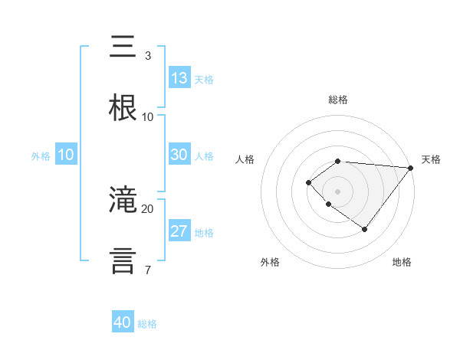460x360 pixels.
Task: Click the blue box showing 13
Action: click(179, 77)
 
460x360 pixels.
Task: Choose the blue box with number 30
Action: click(179, 155)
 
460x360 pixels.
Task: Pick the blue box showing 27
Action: click(179, 232)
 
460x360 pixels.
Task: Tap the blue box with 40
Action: click(123, 322)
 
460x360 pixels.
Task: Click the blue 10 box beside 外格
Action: click(66, 155)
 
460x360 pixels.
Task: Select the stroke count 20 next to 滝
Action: click(147, 208)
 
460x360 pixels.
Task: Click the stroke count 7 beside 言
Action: click(147, 270)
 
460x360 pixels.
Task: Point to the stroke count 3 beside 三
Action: click(147, 55)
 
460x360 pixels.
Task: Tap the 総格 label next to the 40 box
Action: click(147, 324)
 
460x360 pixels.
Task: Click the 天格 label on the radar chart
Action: click(431, 159)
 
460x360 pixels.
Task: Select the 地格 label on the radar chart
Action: click(402, 262)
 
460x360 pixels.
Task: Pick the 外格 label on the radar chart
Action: click(270, 262)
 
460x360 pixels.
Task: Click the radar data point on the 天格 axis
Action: click(410, 168)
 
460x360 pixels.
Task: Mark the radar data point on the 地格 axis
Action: click(365, 229)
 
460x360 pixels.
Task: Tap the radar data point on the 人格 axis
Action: click(308, 182)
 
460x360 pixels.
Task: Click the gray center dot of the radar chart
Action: click(337, 191)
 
